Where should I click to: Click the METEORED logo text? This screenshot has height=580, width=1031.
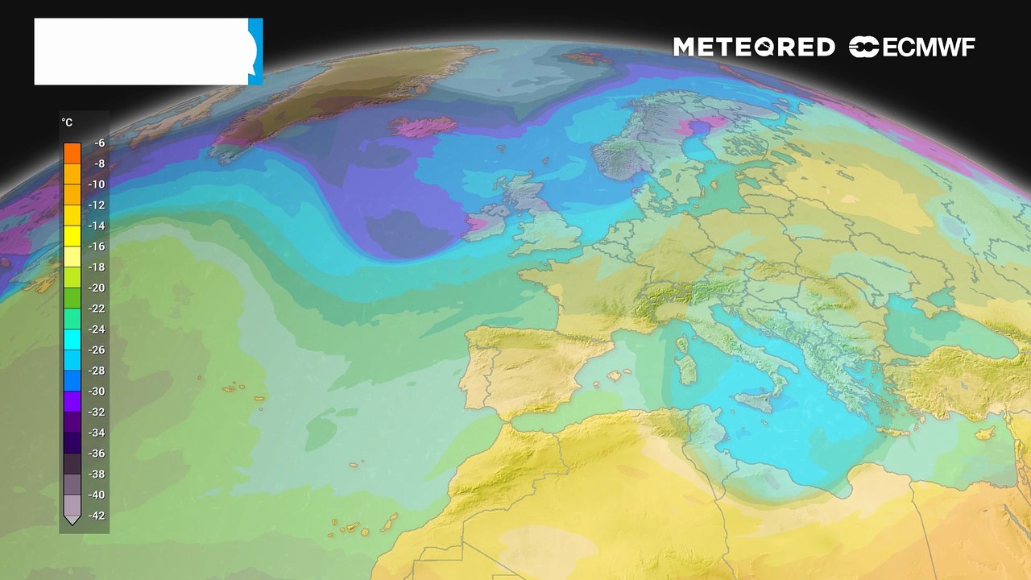(x=753, y=48)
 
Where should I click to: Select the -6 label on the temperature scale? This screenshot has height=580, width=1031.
(x=99, y=143)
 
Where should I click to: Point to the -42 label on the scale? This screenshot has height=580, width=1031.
(x=97, y=516)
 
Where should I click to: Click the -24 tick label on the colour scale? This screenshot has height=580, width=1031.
(x=97, y=329)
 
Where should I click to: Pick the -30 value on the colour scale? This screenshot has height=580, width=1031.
(x=97, y=391)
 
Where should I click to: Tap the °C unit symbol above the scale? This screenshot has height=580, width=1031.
(x=67, y=122)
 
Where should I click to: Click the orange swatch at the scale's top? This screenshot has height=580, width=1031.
(x=72, y=152)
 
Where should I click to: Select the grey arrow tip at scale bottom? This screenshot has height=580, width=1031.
(x=72, y=520)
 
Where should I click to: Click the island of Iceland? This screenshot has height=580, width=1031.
(x=423, y=126)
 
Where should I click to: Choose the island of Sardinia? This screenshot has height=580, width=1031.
(x=687, y=370)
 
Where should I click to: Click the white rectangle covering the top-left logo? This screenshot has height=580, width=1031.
(x=141, y=52)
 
